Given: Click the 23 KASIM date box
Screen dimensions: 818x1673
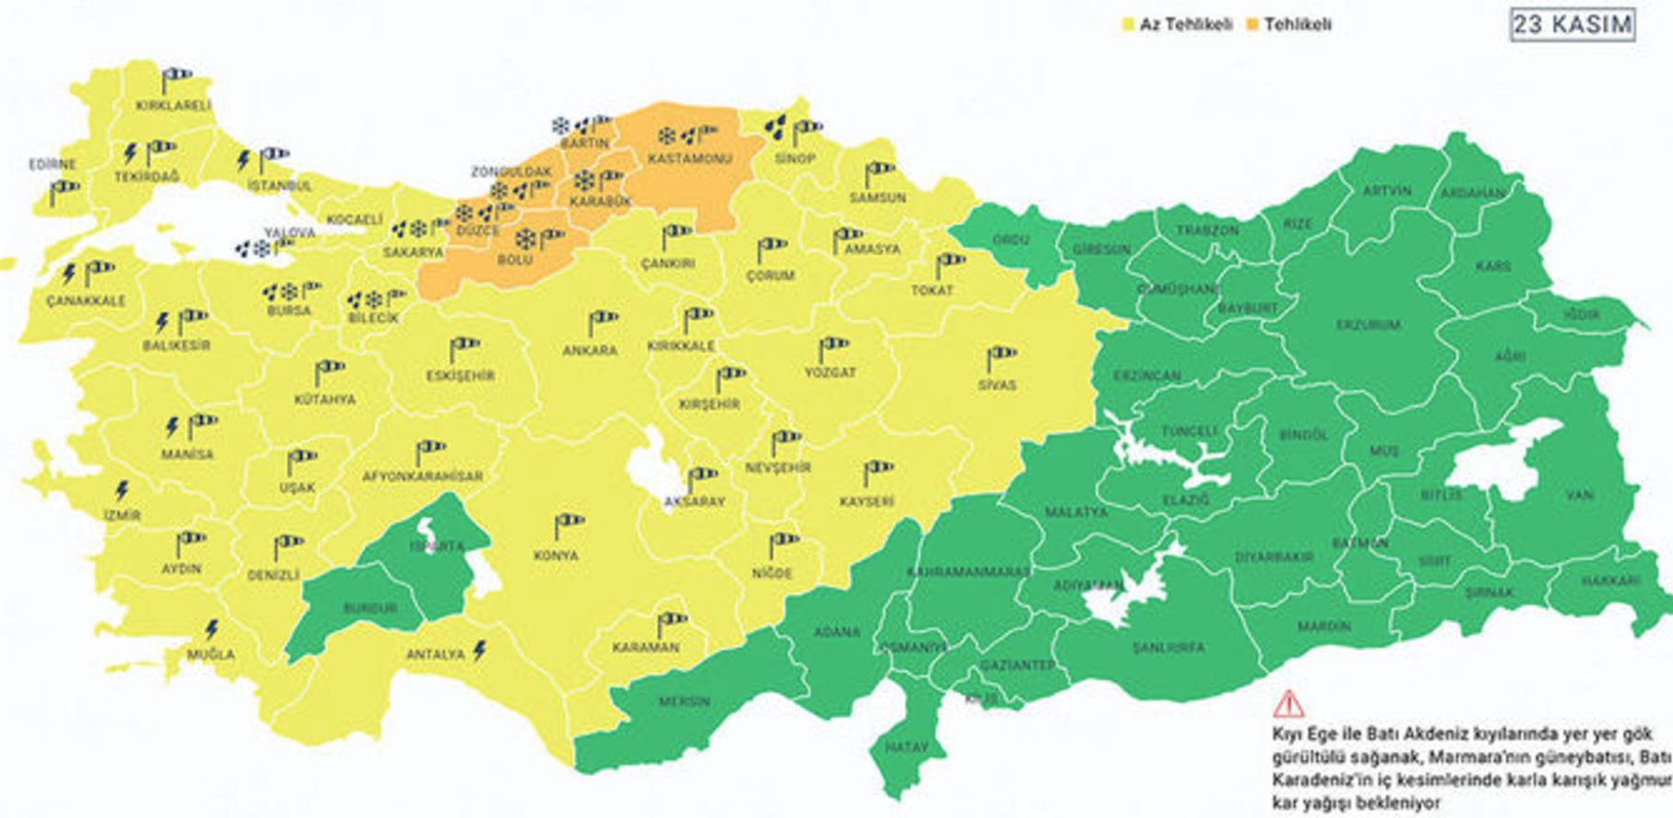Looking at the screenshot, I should pos(1572,25).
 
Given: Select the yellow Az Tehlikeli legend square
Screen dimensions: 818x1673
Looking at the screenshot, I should pos(1128,25).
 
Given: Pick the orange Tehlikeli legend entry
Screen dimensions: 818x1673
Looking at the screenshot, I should pos(1289,25).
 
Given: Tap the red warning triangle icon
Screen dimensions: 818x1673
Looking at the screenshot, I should pos(1288,704).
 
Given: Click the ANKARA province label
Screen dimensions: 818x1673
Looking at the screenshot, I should pos(590,350).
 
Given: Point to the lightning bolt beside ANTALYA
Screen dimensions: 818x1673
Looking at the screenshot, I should pos(479,651).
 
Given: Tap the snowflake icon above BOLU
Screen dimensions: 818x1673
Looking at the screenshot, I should pos(526,240).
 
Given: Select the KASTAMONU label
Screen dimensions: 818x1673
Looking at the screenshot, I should pos(690,159).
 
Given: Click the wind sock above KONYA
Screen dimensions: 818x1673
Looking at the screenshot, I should pos(569,525).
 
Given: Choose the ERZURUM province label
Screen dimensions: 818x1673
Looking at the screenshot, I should pos(1368,326).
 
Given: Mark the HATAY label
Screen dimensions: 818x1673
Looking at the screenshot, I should pos(906,747).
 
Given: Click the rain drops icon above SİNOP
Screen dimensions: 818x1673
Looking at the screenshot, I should pos(776,128).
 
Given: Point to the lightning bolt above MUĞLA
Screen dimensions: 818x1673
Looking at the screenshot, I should pos(212,630).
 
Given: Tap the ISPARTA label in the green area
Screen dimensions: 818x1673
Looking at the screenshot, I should pos(437,547).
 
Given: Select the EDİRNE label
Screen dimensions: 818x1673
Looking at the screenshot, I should pos(52,165).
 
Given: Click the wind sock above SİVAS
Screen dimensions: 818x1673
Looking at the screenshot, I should pos(1001,356).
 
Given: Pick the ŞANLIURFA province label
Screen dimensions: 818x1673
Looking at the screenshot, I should pos(1169,647).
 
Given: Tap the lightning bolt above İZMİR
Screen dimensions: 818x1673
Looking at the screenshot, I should pos(122,491).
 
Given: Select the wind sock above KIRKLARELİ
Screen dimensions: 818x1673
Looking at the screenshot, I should pos(175,78).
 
